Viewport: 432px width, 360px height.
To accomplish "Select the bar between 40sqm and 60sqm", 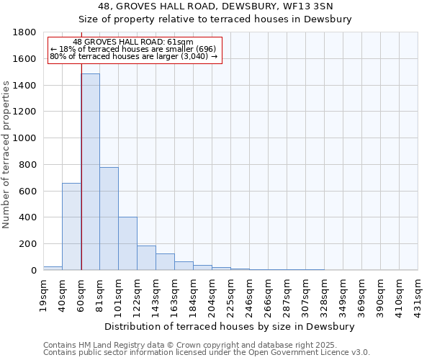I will tap(71, 226).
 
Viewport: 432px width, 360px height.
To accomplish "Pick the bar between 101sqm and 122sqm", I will tap(127, 243).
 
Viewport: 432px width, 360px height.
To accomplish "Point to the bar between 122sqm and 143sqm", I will tap(146, 258).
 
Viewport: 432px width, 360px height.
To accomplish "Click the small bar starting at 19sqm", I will tap(53, 268).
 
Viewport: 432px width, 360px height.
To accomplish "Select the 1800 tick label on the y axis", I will tap(25, 32).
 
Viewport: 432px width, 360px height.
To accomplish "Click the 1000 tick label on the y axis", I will tap(25, 138).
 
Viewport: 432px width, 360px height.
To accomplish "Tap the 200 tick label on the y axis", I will tap(28, 244).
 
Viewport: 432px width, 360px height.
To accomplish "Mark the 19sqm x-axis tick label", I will tap(44, 293).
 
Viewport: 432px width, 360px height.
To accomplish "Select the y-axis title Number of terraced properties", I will tap(6, 155).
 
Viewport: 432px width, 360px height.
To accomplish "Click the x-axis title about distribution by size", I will tap(230, 326).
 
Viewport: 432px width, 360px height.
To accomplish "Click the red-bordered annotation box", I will tap(135, 50).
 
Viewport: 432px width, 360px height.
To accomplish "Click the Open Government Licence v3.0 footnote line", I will tap(207, 352).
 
